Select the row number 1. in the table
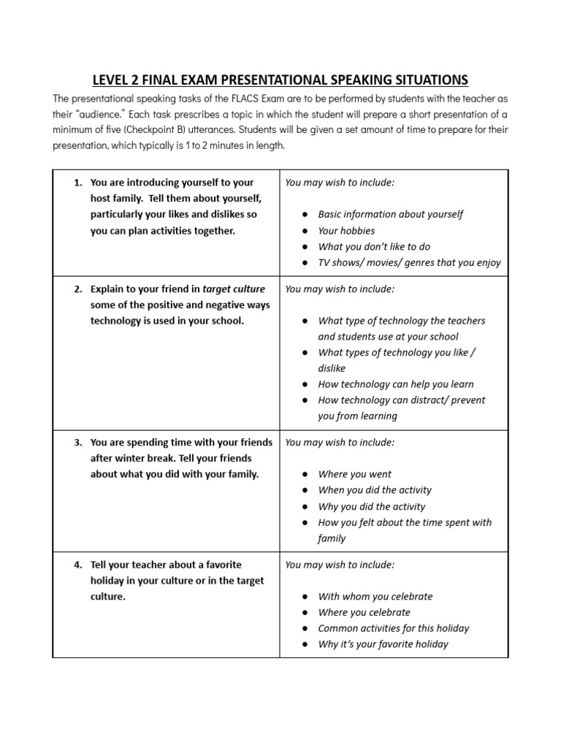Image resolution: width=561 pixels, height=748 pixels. (x=78, y=183)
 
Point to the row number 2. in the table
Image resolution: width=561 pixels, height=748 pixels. (x=78, y=289)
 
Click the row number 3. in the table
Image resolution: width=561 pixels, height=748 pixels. (x=78, y=443)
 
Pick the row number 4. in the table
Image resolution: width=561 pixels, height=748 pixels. (x=78, y=565)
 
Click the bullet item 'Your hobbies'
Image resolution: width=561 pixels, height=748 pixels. (x=347, y=231)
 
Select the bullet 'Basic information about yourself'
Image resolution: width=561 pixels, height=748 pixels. (x=390, y=215)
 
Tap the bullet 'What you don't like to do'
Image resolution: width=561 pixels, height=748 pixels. (x=374, y=247)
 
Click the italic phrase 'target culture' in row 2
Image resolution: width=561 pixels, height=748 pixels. (x=234, y=289)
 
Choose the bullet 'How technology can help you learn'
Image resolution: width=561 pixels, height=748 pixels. (x=395, y=384)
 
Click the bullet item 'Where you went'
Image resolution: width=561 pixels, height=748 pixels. (x=354, y=474)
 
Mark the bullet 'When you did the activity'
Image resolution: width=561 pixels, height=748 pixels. (x=375, y=490)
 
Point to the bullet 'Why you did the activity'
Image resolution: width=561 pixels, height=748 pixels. (x=371, y=506)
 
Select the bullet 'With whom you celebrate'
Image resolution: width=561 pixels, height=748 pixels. (x=375, y=596)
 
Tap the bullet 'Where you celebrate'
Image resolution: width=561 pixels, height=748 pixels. (x=364, y=612)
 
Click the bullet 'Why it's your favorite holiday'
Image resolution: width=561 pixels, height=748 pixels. (x=383, y=644)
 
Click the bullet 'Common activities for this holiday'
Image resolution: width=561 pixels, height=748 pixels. (x=393, y=628)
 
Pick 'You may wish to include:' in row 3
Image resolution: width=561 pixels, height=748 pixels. (x=340, y=443)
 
